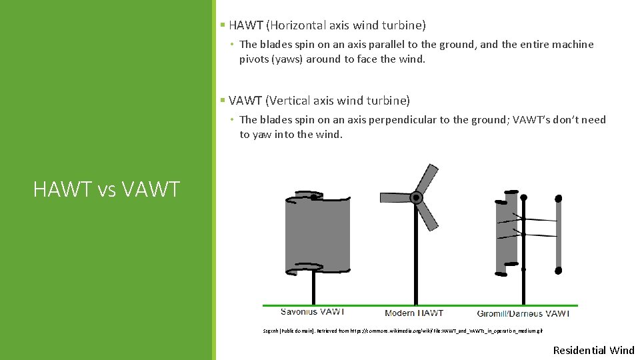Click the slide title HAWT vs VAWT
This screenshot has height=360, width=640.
pos(107,189)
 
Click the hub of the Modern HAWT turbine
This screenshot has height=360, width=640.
pos(417,197)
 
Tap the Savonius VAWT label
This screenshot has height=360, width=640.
pos(313,312)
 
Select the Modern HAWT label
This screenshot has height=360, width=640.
pos(414,313)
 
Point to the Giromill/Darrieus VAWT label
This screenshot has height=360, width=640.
pos(523,313)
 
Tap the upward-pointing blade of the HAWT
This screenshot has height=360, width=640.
pos(426,179)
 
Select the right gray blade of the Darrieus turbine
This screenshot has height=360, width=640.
pos(559,233)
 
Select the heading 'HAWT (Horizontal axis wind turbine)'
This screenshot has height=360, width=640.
pos(327,25)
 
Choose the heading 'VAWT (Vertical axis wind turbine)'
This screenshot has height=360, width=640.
pos(319,101)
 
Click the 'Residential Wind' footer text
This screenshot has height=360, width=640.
pos(594,350)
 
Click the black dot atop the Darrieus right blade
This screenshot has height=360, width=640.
pos(559,198)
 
